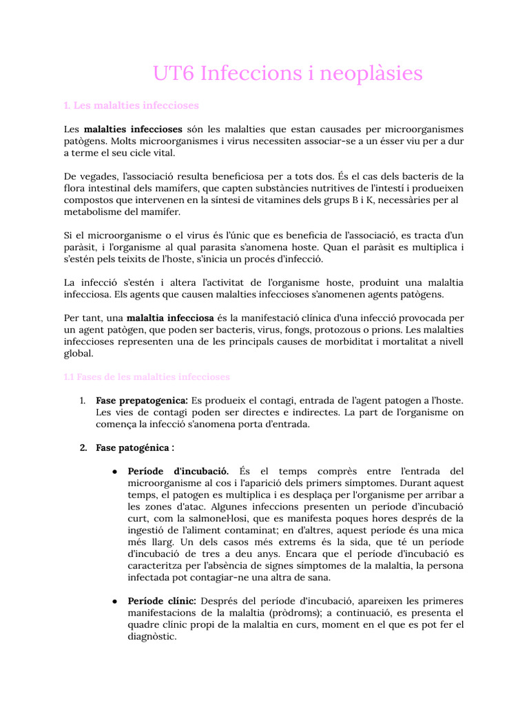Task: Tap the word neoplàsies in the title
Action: (369, 74)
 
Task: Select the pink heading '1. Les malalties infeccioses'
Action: (131, 105)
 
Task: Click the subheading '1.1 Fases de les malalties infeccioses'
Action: (147, 377)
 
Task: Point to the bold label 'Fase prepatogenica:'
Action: (142, 400)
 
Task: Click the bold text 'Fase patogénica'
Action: (133, 448)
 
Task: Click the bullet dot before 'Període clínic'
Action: (113, 602)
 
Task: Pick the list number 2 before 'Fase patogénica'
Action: (83, 448)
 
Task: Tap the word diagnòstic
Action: (152, 637)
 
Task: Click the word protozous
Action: (349, 330)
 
